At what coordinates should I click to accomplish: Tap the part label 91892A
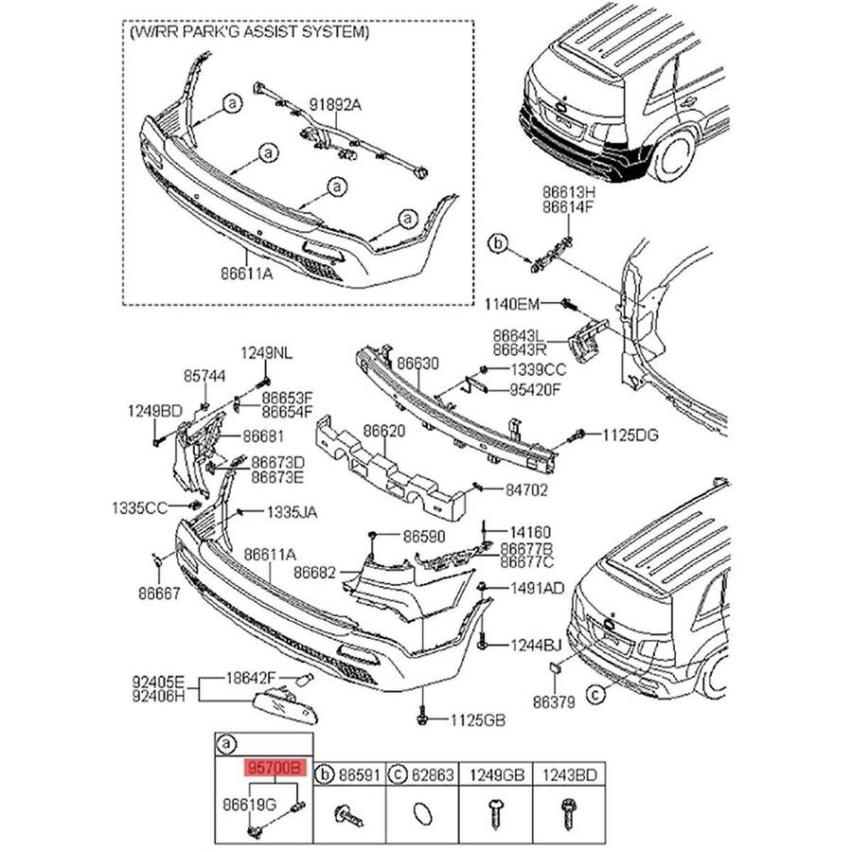[x=337, y=107]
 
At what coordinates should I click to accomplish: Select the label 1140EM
[x=512, y=304]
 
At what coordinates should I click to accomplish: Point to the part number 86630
[x=417, y=364]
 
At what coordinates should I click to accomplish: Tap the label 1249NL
[x=266, y=353]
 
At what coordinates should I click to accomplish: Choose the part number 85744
[x=204, y=376]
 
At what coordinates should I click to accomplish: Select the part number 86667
[x=158, y=593]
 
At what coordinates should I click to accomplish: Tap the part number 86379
[x=554, y=702]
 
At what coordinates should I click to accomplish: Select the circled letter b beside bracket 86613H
[x=498, y=245]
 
